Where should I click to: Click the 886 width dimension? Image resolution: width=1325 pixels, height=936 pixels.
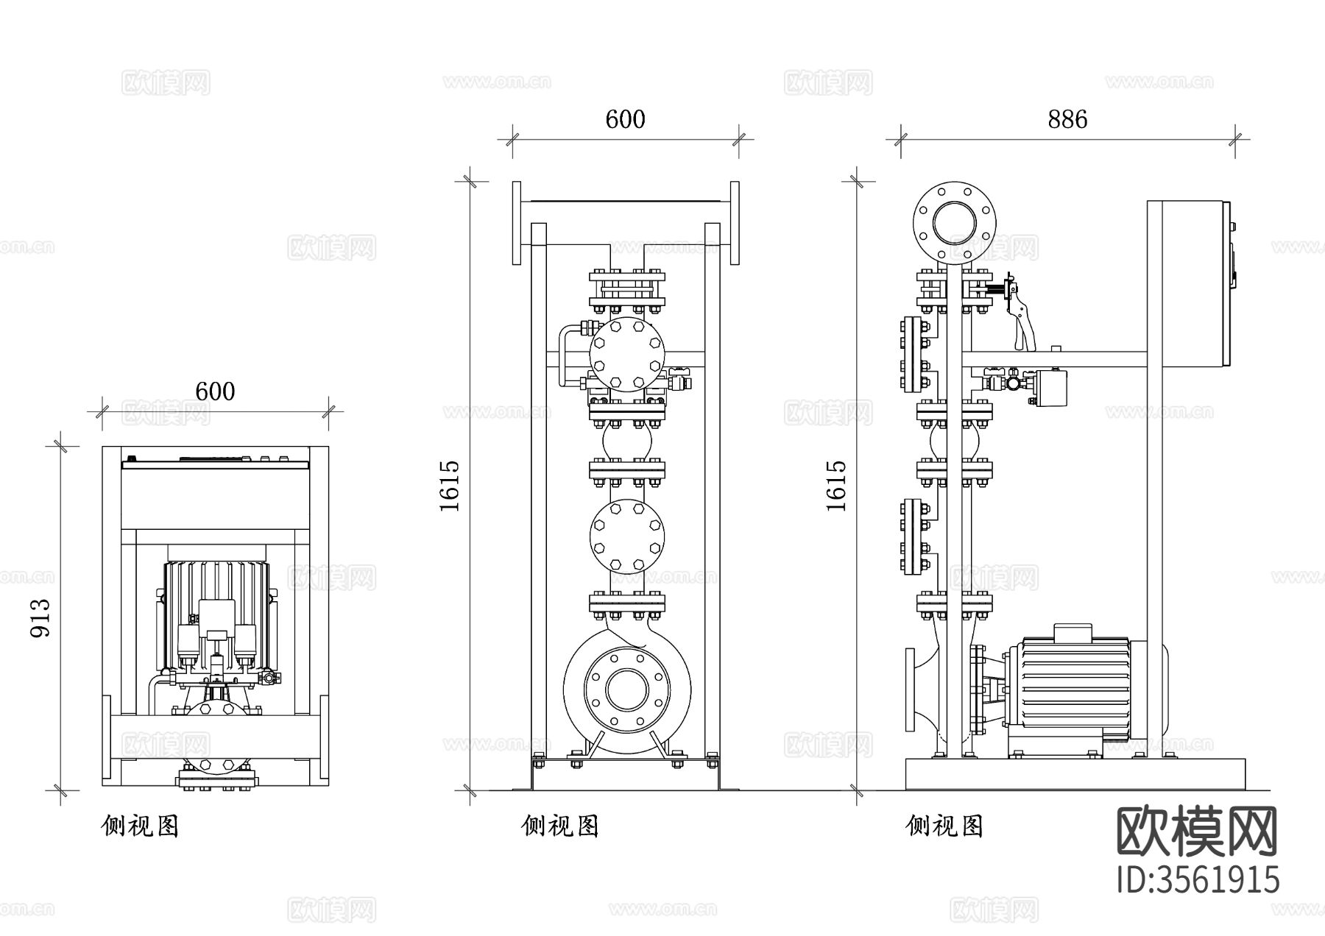1067,119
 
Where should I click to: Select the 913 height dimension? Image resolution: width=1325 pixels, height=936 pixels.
40,618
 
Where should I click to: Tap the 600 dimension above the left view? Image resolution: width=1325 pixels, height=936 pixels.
215,391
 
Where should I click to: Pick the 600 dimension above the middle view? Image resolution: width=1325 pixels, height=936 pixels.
625,119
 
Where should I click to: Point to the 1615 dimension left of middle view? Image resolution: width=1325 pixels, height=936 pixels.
449,486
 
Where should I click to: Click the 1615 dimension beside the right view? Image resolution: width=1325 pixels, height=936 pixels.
836,486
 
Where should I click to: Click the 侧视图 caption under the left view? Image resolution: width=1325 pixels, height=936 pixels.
140,826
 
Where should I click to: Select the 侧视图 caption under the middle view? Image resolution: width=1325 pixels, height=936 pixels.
560,826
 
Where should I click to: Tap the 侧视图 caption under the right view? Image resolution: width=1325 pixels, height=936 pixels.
944,826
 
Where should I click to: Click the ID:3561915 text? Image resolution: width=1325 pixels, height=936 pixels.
1198,880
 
